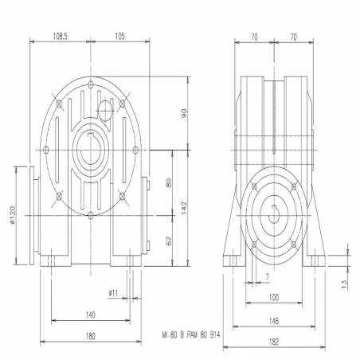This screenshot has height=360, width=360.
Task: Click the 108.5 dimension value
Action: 61,37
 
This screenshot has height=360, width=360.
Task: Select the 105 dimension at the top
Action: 120,37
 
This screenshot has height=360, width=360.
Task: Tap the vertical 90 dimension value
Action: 184,113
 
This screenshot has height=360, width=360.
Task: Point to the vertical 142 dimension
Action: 184,208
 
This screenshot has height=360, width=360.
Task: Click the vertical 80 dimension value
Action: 169,182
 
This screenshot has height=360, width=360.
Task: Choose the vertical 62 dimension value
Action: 169,241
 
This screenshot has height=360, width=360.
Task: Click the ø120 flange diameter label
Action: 13,215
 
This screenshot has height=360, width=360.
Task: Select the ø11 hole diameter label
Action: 113,293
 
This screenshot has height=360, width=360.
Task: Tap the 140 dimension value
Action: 91,315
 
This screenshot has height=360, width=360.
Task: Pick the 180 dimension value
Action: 91,336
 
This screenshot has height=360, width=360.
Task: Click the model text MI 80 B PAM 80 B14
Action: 191,335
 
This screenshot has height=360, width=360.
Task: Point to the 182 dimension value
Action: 274,342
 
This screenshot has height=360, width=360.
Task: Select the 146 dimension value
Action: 274,321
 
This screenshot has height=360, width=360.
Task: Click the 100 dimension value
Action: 274,298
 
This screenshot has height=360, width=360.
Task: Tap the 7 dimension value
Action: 268,277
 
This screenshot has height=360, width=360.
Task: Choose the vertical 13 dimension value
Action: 344,284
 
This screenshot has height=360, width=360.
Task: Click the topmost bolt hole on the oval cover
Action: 91,85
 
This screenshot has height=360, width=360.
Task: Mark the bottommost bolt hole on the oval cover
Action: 91,215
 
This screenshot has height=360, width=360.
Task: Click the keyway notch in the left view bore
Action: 91,134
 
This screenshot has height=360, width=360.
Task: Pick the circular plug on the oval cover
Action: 105,111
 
